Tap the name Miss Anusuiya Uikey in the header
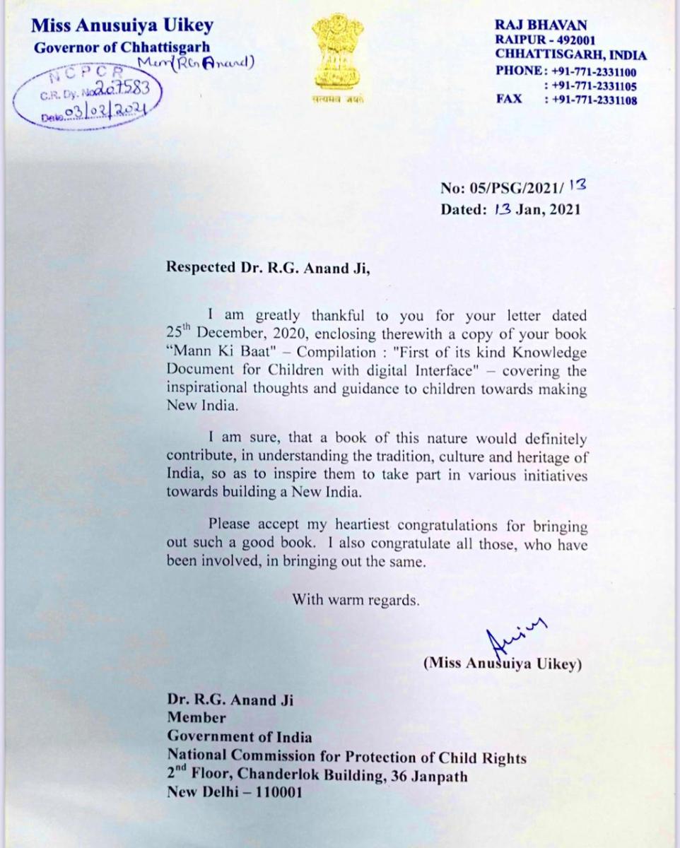click(x=122, y=27)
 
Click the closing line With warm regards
click(x=357, y=601)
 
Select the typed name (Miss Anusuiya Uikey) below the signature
click(x=503, y=665)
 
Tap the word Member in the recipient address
click(x=197, y=719)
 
